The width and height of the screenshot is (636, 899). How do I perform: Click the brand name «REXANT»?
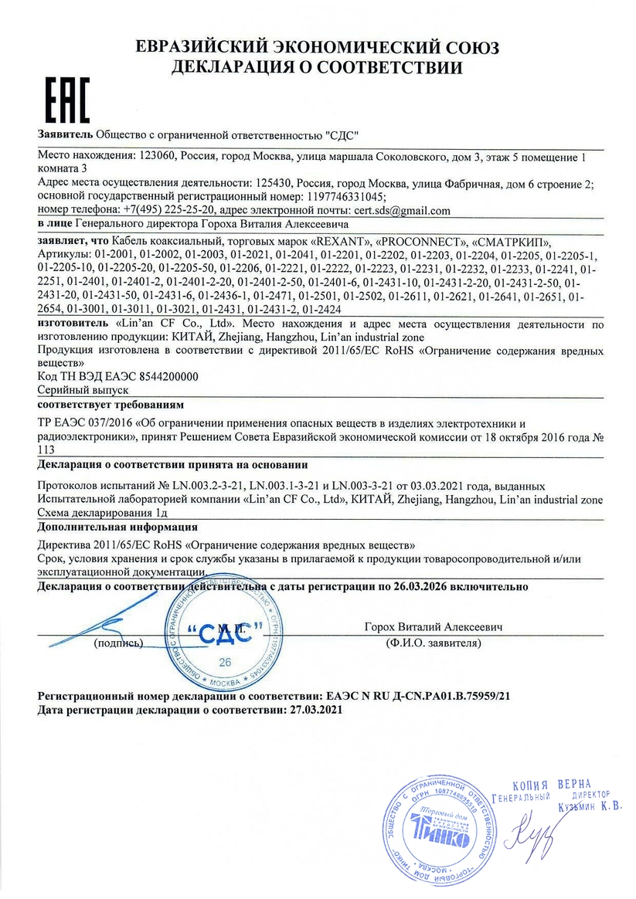click(x=328, y=241)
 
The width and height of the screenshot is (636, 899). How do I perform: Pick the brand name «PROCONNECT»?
click(x=420, y=241)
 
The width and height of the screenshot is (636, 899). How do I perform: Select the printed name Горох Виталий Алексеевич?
click(x=433, y=627)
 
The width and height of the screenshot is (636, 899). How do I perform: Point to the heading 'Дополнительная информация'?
click(x=109, y=528)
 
